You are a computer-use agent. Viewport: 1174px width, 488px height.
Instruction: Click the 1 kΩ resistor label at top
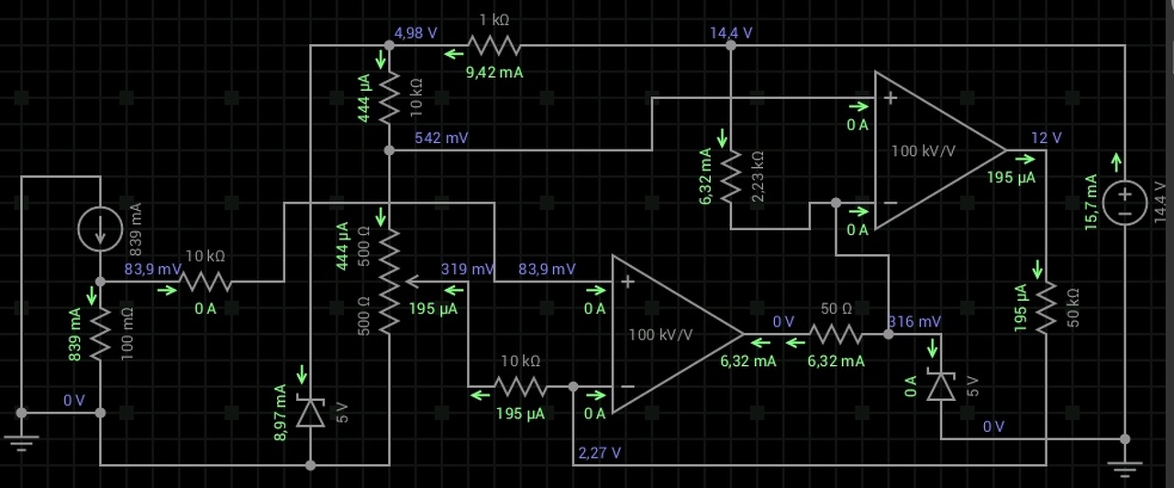click(x=494, y=19)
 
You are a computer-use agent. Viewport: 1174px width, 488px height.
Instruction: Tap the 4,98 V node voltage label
click(x=415, y=33)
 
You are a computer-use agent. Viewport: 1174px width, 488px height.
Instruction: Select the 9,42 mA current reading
click(x=494, y=72)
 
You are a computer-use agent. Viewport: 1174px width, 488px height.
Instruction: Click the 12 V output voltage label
click(x=1046, y=139)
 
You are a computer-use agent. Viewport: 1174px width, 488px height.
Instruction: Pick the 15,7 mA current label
click(x=1091, y=203)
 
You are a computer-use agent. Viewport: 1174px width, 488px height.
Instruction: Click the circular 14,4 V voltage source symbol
click(x=1124, y=202)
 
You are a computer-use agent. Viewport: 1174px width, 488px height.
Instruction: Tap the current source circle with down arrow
click(x=100, y=228)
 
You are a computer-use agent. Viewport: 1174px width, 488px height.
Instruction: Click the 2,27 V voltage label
click(x=599, y=452)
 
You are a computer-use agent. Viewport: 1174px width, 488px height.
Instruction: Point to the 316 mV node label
click(x=914, y=322)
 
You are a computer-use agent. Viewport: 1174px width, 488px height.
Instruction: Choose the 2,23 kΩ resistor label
click(x=758, y=176)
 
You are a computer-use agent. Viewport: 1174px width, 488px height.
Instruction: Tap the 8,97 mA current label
click(x=281, y=412)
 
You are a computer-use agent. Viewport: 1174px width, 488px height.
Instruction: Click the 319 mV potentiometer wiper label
click(x=467, y=270)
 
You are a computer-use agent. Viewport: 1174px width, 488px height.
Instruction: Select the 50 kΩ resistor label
click(x=1073, y=308)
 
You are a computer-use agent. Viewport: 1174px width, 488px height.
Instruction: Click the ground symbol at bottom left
click(x=20, y=442)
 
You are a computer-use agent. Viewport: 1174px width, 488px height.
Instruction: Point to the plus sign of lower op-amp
click(x=628, y=282)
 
